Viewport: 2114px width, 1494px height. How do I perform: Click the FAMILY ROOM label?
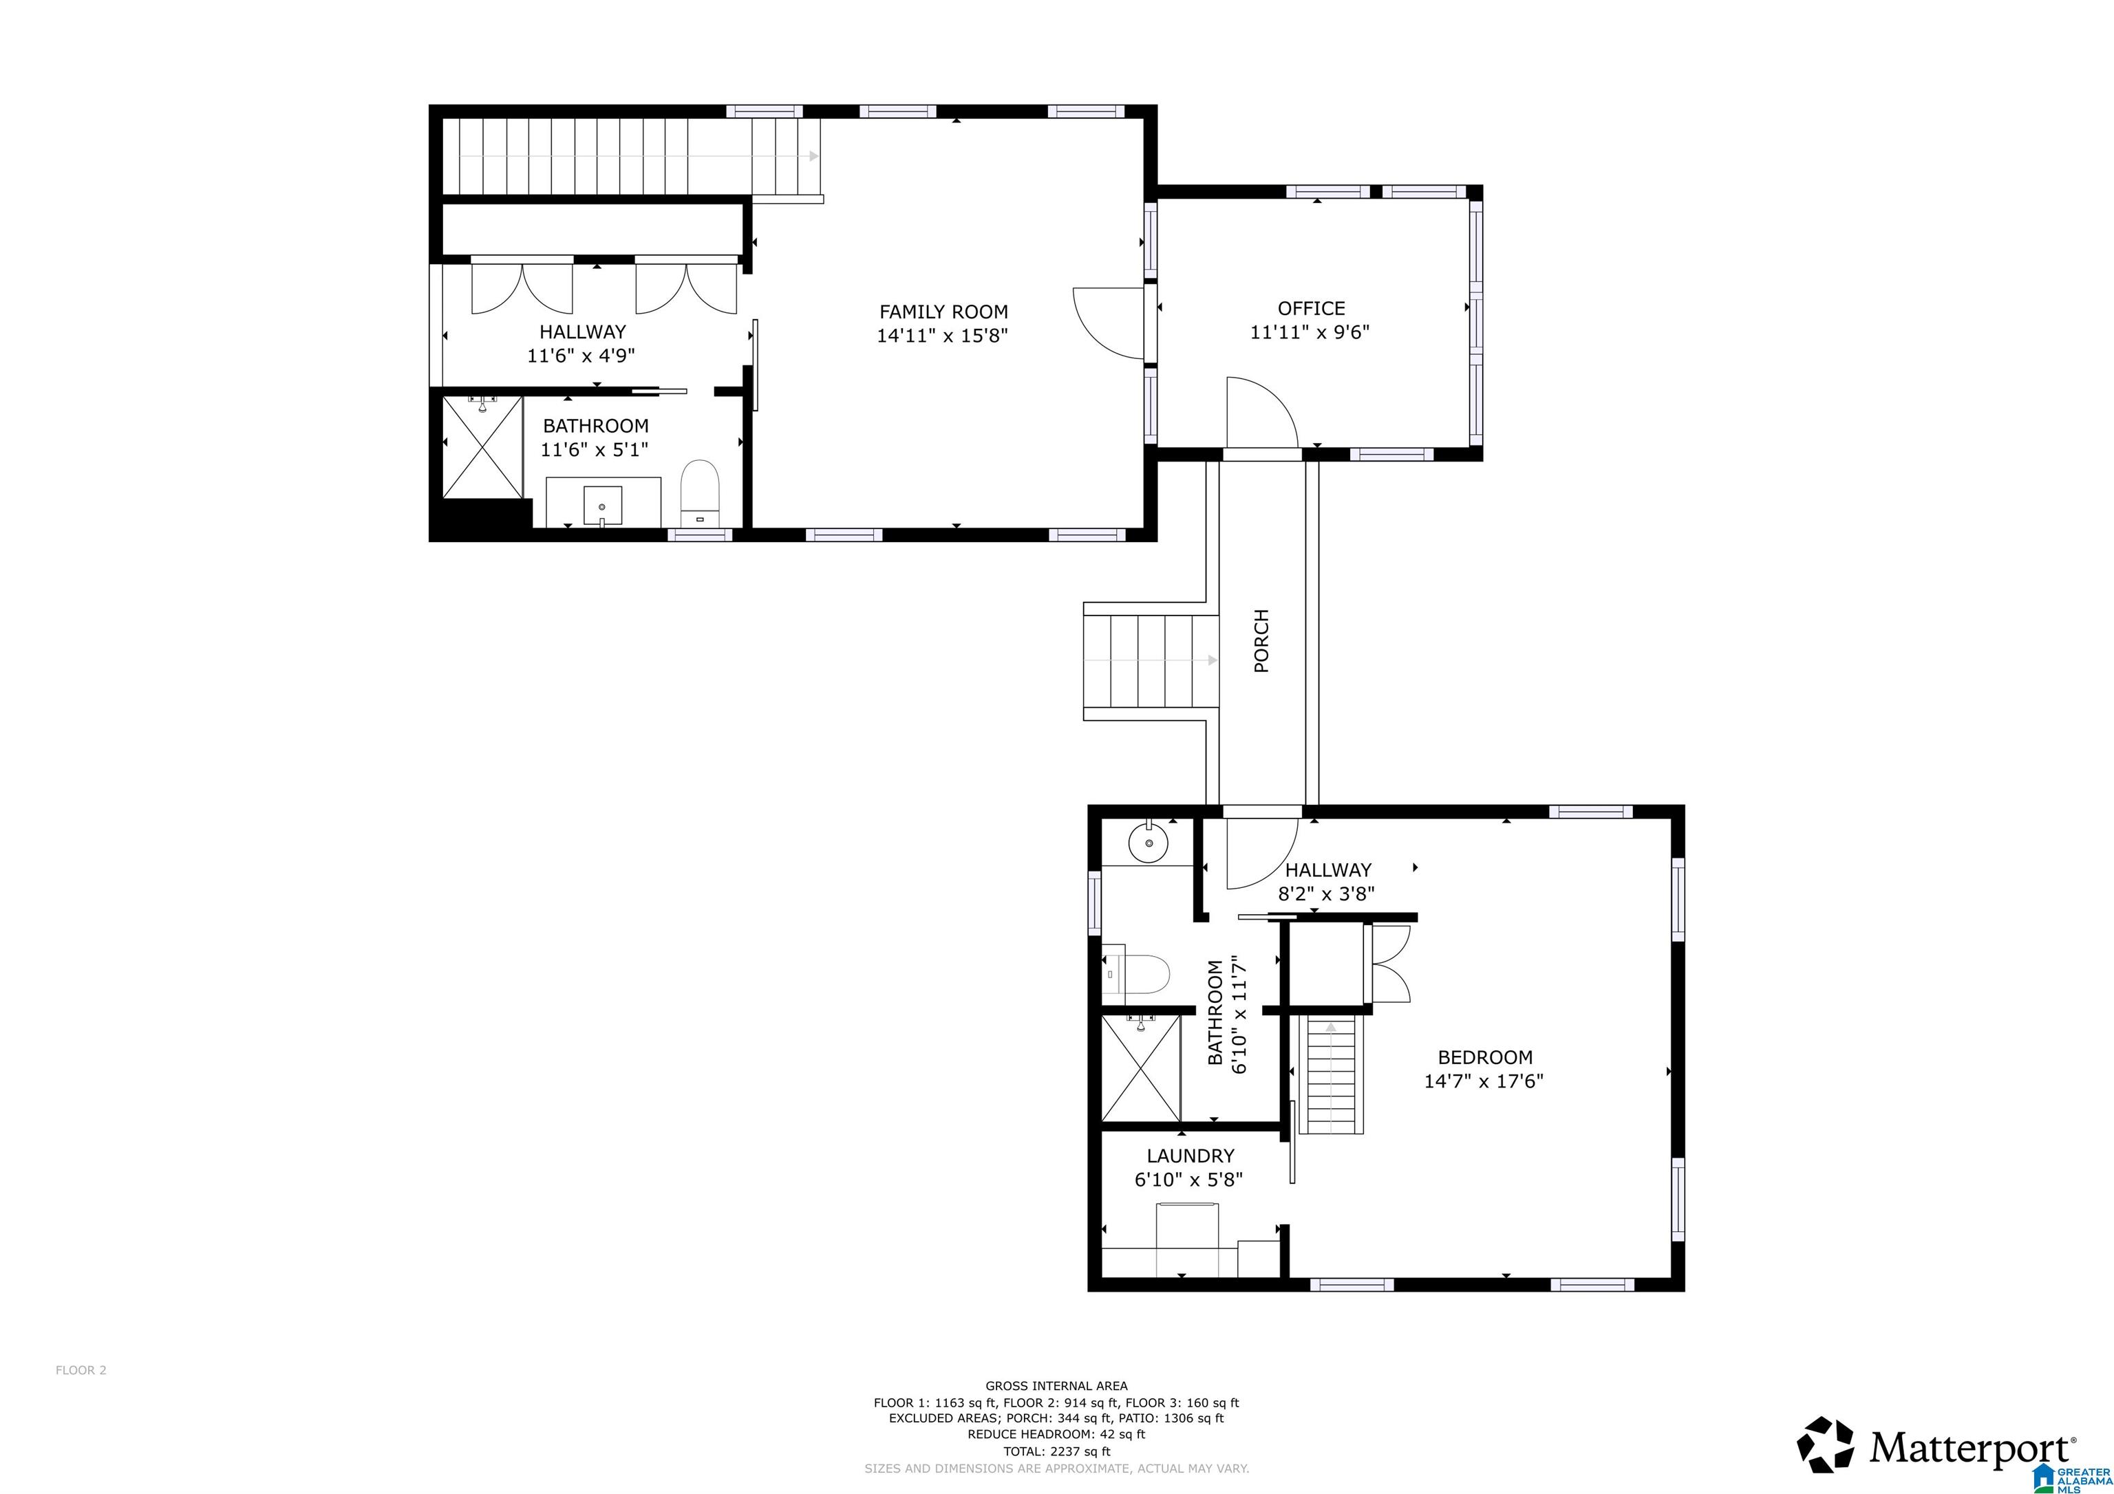pos(943,312)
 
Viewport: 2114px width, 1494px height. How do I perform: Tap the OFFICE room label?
pos(1311,308)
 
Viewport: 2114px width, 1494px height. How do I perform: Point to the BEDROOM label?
pos(1485,1058)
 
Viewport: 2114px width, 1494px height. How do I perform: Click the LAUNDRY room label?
pos(1190,1156)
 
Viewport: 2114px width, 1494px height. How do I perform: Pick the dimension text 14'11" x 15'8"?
pos(942,336)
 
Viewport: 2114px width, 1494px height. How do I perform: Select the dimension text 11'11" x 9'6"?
pos(1310,332)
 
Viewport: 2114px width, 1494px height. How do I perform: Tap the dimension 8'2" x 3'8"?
pos(1326,894)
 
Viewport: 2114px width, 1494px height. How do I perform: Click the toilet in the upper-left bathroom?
pos(699,493)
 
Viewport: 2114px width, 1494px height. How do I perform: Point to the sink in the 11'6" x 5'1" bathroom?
pos(602,506)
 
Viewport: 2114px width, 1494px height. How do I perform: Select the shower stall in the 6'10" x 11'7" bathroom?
pos(1141,1068)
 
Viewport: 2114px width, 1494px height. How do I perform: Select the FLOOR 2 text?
pos(81,1371)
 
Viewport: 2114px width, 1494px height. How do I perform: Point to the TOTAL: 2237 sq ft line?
pos(1056,1451)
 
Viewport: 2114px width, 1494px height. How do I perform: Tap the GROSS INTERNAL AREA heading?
pos(1056,1385)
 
